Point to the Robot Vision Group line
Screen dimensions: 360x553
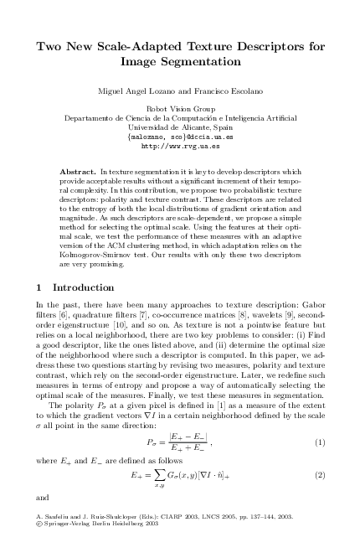(x=180, y=109)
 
